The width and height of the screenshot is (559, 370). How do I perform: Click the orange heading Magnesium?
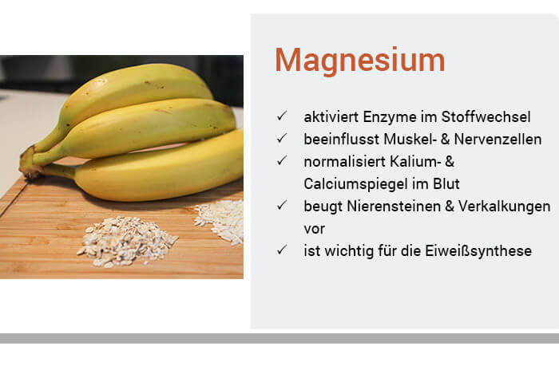click(359, 61)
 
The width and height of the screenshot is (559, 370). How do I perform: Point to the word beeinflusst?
click(337, 140)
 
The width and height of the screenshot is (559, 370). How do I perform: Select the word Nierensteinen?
click(388, 207)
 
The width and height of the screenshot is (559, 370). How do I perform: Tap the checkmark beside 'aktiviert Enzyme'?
click(281, 117)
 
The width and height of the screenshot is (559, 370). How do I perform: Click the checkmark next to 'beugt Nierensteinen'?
click(281, 207)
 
